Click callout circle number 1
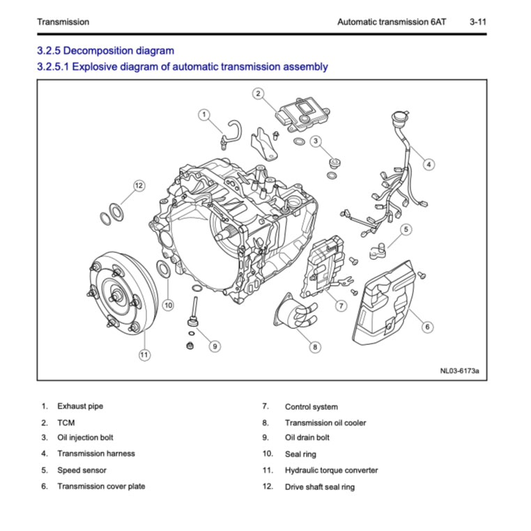(203, 114)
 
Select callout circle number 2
(257, 93)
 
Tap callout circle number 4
(429, 164)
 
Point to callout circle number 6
(427, 326)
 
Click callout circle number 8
(315, 346)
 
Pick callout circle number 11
(144, 355)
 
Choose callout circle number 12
(139, 185)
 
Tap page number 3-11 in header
(477, 22)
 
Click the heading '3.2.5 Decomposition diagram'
(105, 51)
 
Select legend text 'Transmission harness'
(96, 454)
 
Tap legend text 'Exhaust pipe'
(80, 406)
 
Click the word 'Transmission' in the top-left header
(63, 22)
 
